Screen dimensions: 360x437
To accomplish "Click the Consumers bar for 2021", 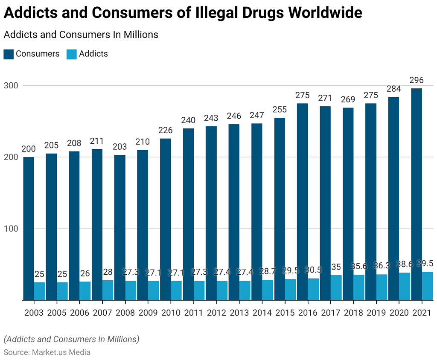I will [416, 194].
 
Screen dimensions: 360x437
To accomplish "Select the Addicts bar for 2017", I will [336, 287].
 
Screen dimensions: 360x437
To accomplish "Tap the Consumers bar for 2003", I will [29, 228].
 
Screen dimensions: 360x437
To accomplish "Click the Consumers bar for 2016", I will [302, 201].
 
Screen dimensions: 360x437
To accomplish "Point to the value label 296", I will [416, 81].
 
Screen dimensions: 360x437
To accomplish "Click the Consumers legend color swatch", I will [9, 54].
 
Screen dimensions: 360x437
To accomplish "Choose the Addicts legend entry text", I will [93, 54].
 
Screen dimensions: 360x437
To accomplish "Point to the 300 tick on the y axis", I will [11, 85].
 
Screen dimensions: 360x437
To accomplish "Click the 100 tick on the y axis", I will [11, 229].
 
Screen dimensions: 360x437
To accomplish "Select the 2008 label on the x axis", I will [125, 313].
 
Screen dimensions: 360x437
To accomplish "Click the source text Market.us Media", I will [60, 352].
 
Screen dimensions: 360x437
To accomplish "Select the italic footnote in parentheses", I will [71, 340].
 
